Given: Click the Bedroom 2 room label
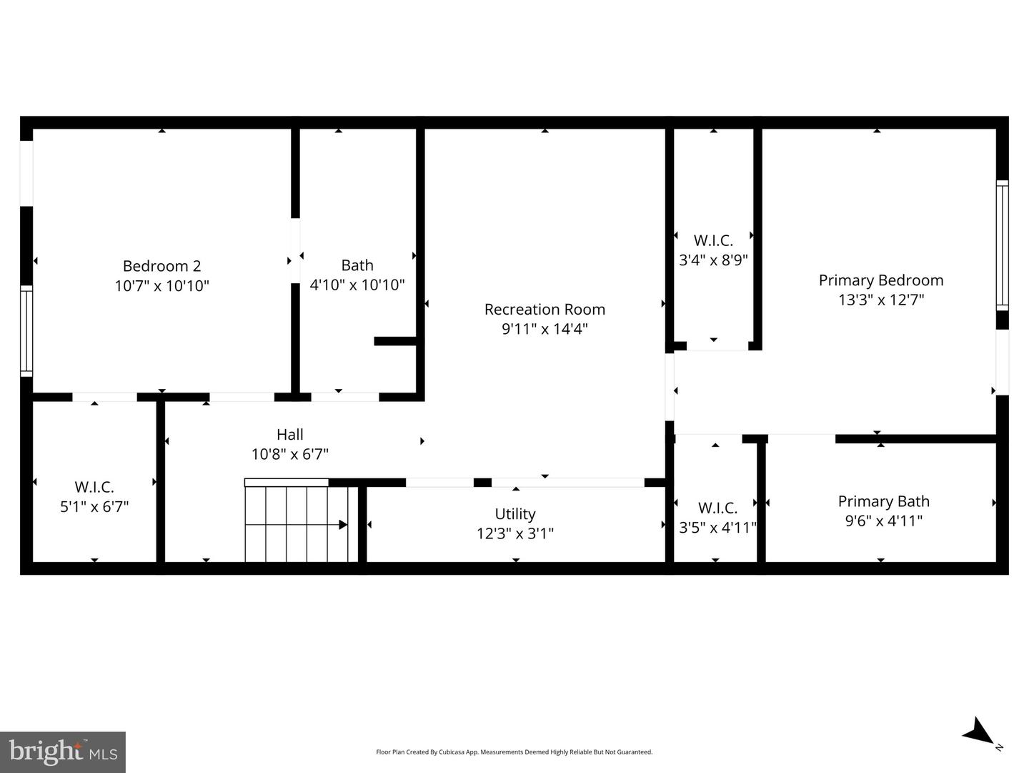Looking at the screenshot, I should [161, 266].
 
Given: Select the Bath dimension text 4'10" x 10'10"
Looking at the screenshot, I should [357, 285].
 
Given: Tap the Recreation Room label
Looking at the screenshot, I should [545, 310].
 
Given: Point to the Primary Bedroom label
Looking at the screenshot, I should [880, 280].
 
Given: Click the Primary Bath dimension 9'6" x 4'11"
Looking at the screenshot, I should [883, 521].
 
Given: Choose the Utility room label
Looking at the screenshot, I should [515, 514].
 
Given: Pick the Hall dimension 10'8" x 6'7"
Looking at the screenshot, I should [289, 454].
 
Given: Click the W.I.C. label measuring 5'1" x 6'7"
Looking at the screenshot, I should [94, 488].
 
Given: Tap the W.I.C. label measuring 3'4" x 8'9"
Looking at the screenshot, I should [713, 241].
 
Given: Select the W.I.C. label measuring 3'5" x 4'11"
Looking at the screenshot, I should [717, 508].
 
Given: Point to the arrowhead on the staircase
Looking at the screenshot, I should [343, 525].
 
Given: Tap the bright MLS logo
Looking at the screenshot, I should [63, 752].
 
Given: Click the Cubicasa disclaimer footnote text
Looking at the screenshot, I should [514, 752].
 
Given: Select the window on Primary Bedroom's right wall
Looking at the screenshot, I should [1002, 245].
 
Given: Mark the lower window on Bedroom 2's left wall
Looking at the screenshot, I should [26, 330].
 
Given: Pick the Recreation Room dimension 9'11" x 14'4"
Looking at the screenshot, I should [545, 329].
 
